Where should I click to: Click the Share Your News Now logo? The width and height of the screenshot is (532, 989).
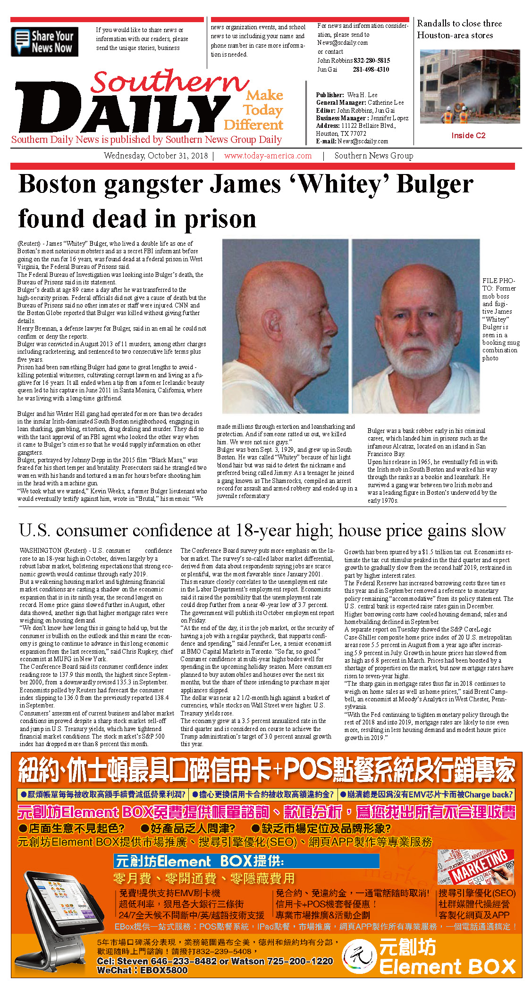[44, 42]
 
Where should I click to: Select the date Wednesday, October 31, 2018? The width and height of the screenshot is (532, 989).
[156, 156]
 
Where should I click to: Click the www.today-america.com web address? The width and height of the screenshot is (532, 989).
[268, 156]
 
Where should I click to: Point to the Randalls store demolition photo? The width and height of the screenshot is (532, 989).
[470, 86]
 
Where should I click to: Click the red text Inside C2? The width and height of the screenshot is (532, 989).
[468, 135]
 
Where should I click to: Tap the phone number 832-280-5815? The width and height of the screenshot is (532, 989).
[372, 60]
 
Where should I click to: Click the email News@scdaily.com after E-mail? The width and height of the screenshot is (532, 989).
[363, 141]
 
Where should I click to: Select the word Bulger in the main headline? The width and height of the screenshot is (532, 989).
[435, 184]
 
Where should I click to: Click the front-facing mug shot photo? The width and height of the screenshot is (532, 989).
[415, 326]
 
